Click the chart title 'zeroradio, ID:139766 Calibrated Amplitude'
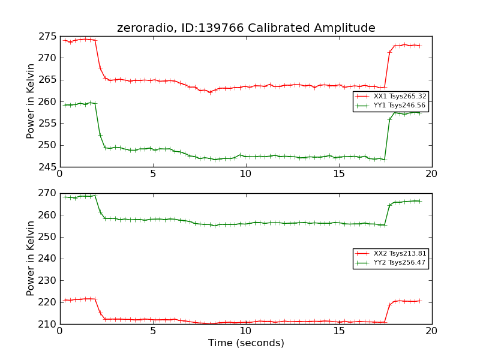[246, 28]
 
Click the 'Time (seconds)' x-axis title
[246, 343]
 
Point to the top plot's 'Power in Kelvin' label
[31, 101]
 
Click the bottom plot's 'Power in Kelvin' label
[31, 258]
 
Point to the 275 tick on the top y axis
[48, 36]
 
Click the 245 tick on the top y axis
[48, 167]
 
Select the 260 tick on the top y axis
[48, 101]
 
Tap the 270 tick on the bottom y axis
[48, 193]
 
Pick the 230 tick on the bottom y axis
[48, 280]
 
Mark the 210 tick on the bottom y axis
[48, 324]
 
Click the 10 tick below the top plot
[246, 174]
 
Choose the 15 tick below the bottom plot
[339, 331]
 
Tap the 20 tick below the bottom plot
[432, 331]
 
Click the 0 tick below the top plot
[60, 174]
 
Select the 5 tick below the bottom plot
[153, 331]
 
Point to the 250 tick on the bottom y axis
[48, 237]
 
